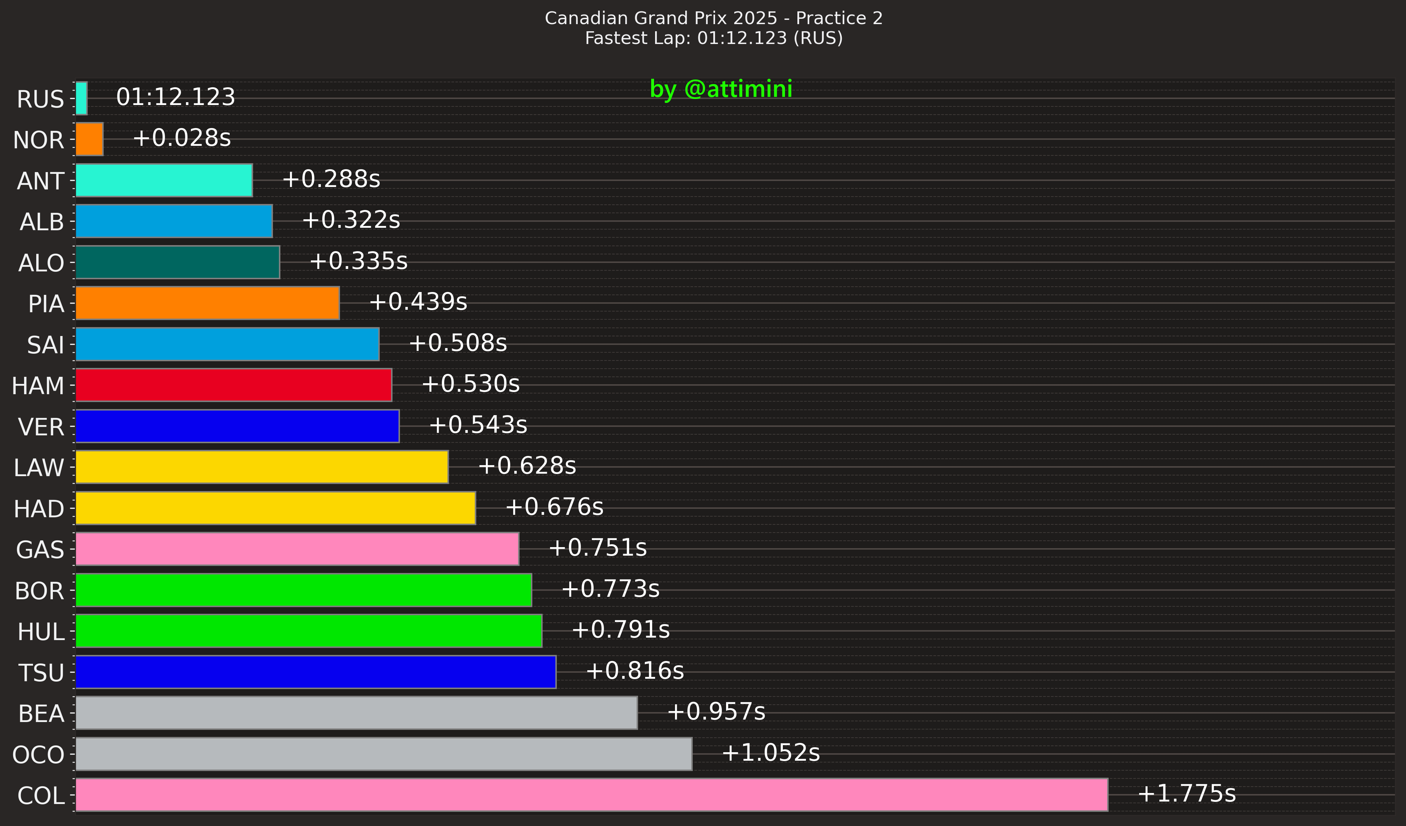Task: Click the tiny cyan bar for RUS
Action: click(x=82, y=98)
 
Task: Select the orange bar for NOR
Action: click(x=89, y=139)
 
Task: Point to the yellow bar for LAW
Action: click(x=262, y=467)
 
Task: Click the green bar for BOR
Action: click(x=303, y=590)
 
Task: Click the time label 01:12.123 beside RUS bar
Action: click(x=175, y=97)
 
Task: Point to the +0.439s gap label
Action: click(x=418, y=302)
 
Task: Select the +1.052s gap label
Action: click(x=770, y=753)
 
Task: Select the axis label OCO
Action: click(x=38, y=755)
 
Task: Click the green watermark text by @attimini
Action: click(x=721, y=89)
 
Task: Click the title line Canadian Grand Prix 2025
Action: click(x=714, y=18)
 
